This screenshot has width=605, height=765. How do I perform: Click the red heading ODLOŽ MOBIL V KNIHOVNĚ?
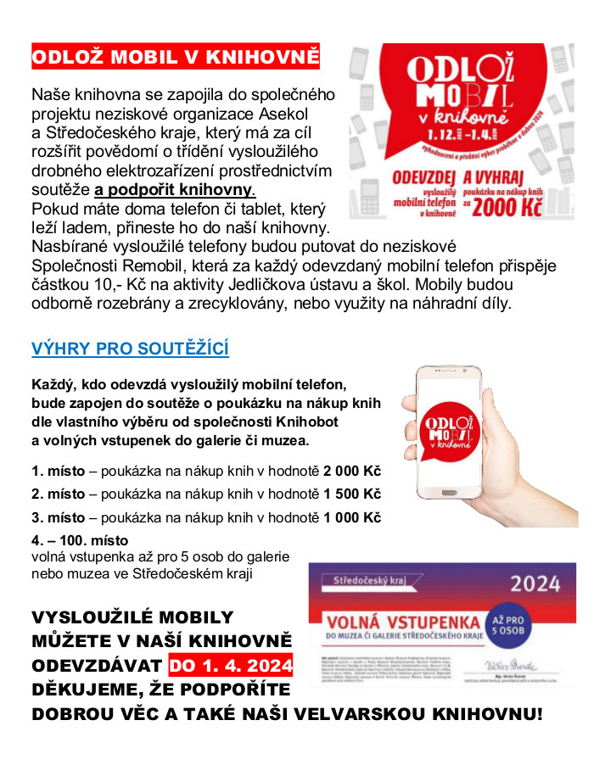[176, 58]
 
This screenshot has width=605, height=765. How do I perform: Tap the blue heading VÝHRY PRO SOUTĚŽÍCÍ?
[130, 349]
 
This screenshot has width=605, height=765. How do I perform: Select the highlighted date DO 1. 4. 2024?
[231, 664]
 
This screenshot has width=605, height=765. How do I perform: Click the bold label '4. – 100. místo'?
[80, 540]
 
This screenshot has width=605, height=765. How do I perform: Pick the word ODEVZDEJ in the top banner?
[422, 178]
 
